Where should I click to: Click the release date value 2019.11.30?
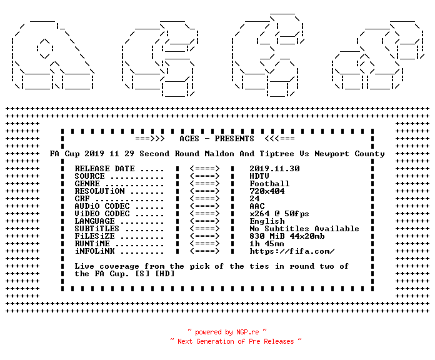274,169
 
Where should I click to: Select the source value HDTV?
259,176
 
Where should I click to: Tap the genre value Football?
269,184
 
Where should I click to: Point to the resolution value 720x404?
267,191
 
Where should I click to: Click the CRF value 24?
254,199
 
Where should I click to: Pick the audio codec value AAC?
257,206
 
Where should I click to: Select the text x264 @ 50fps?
279,214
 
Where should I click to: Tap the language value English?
267,221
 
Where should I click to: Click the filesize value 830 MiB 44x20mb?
287,236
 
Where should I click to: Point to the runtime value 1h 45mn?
267,244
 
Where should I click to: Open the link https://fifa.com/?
292,251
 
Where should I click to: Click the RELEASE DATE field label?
104,169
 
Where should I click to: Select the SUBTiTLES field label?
97,229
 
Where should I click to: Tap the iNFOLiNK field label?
94,251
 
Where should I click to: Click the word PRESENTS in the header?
234,139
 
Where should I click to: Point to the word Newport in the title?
332,154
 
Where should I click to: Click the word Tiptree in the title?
277,154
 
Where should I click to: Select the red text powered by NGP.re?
227,332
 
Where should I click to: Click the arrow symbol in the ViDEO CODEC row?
205,214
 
